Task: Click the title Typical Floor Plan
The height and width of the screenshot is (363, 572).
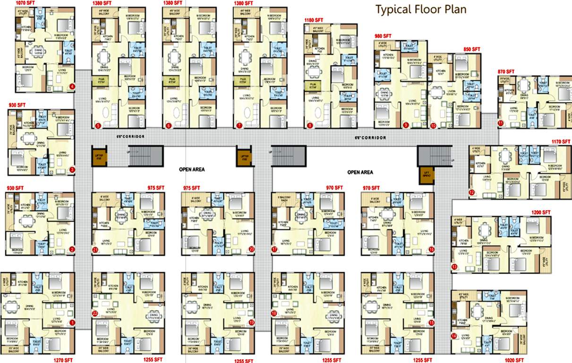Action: tap(420, 9)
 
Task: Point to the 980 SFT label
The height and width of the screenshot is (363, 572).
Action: tap(383, 36)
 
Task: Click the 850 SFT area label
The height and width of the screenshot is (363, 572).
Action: tap(471, 49)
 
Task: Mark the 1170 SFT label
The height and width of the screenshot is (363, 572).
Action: tap(562, 141)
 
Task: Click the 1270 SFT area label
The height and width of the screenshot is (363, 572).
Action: tap(64, 360)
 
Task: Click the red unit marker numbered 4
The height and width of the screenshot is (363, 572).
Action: tap(72, 86)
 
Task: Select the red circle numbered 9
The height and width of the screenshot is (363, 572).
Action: tap(405, 125)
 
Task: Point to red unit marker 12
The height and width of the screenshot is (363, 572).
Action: tap(471, 192)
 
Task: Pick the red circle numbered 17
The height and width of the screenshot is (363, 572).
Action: tap(274, 249)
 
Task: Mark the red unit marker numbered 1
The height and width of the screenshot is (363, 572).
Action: tap(72, 322)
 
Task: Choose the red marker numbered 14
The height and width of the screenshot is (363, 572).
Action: tap(454, 336)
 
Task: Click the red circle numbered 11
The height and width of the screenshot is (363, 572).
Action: tap(500, 123)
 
